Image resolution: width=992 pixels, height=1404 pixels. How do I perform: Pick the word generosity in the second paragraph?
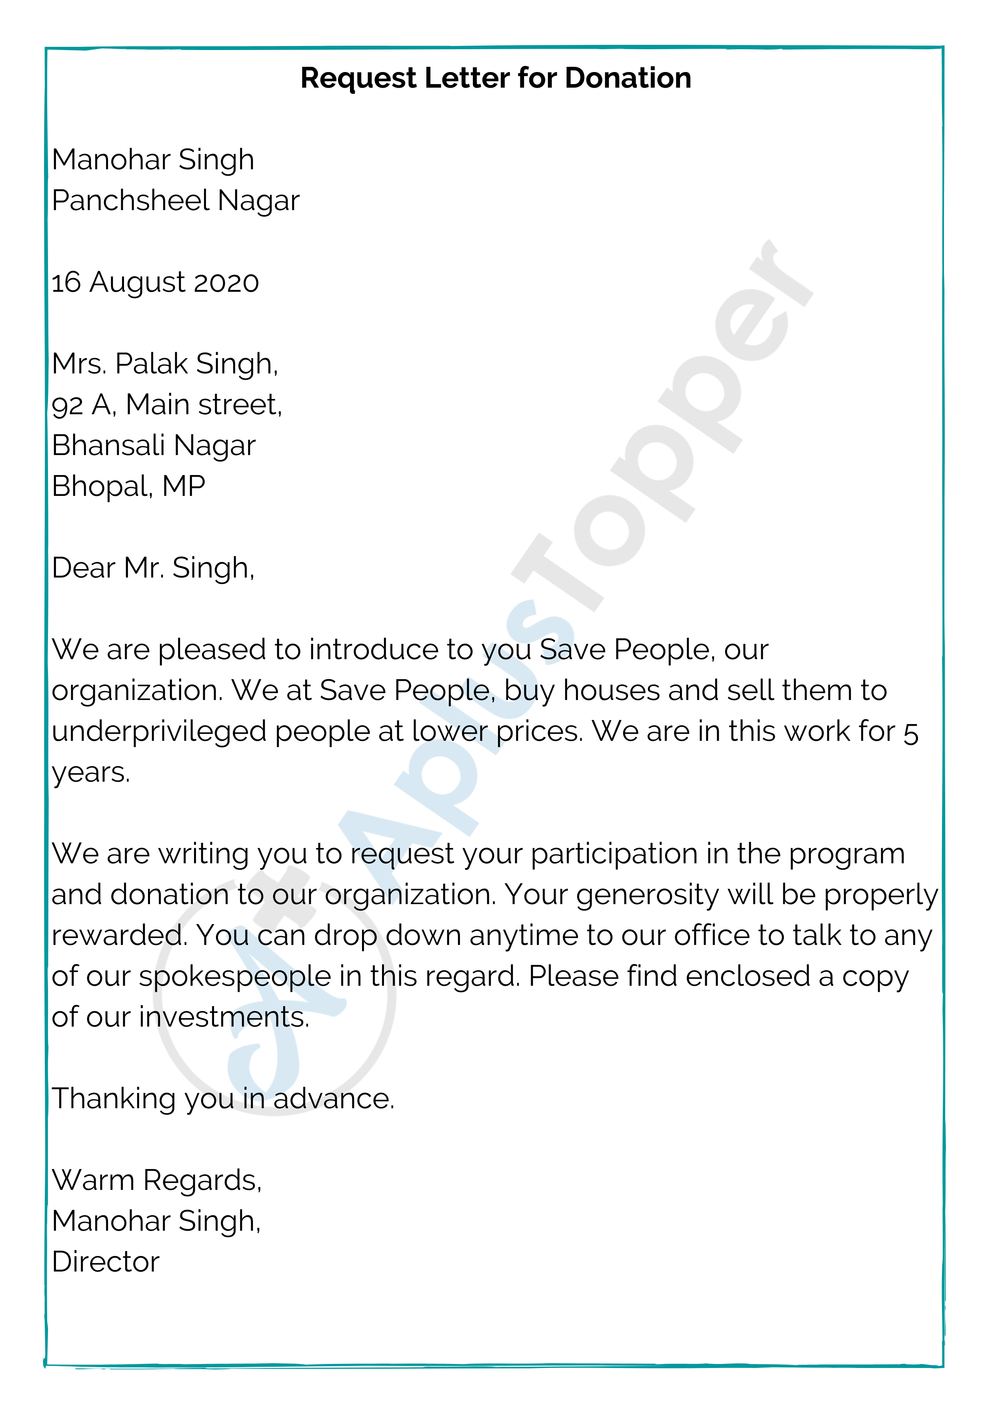(647, 896)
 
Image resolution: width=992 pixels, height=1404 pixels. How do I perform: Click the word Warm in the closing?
(93, 1180)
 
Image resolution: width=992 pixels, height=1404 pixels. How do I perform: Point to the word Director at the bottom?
(106, 1262)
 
